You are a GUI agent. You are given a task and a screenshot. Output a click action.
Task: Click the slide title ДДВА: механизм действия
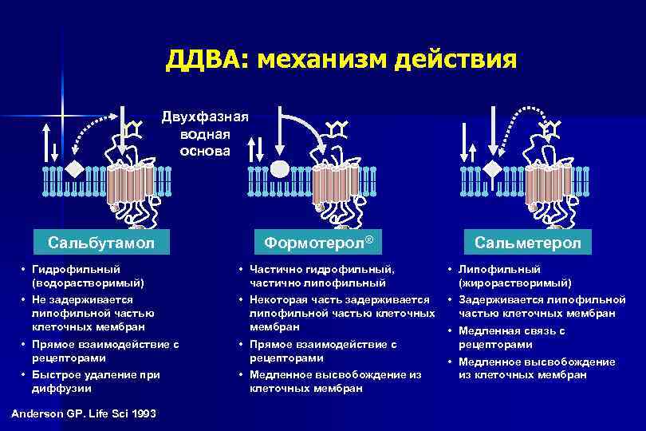click(341, 60)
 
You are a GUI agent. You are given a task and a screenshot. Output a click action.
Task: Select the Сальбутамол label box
click(100, 242)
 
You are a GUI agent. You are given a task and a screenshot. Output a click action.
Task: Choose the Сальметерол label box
click(527, 242)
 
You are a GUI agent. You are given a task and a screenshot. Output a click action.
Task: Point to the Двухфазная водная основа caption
click(205, 134)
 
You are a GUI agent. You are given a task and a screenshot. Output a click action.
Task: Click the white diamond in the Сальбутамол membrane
click(74, 169)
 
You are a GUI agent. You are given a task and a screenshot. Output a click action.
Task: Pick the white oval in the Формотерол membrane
click(280, 169)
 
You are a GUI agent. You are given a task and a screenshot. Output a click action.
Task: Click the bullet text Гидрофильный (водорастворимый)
click(87, 276)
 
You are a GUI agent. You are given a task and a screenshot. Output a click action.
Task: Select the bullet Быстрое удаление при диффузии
click(95, 382)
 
